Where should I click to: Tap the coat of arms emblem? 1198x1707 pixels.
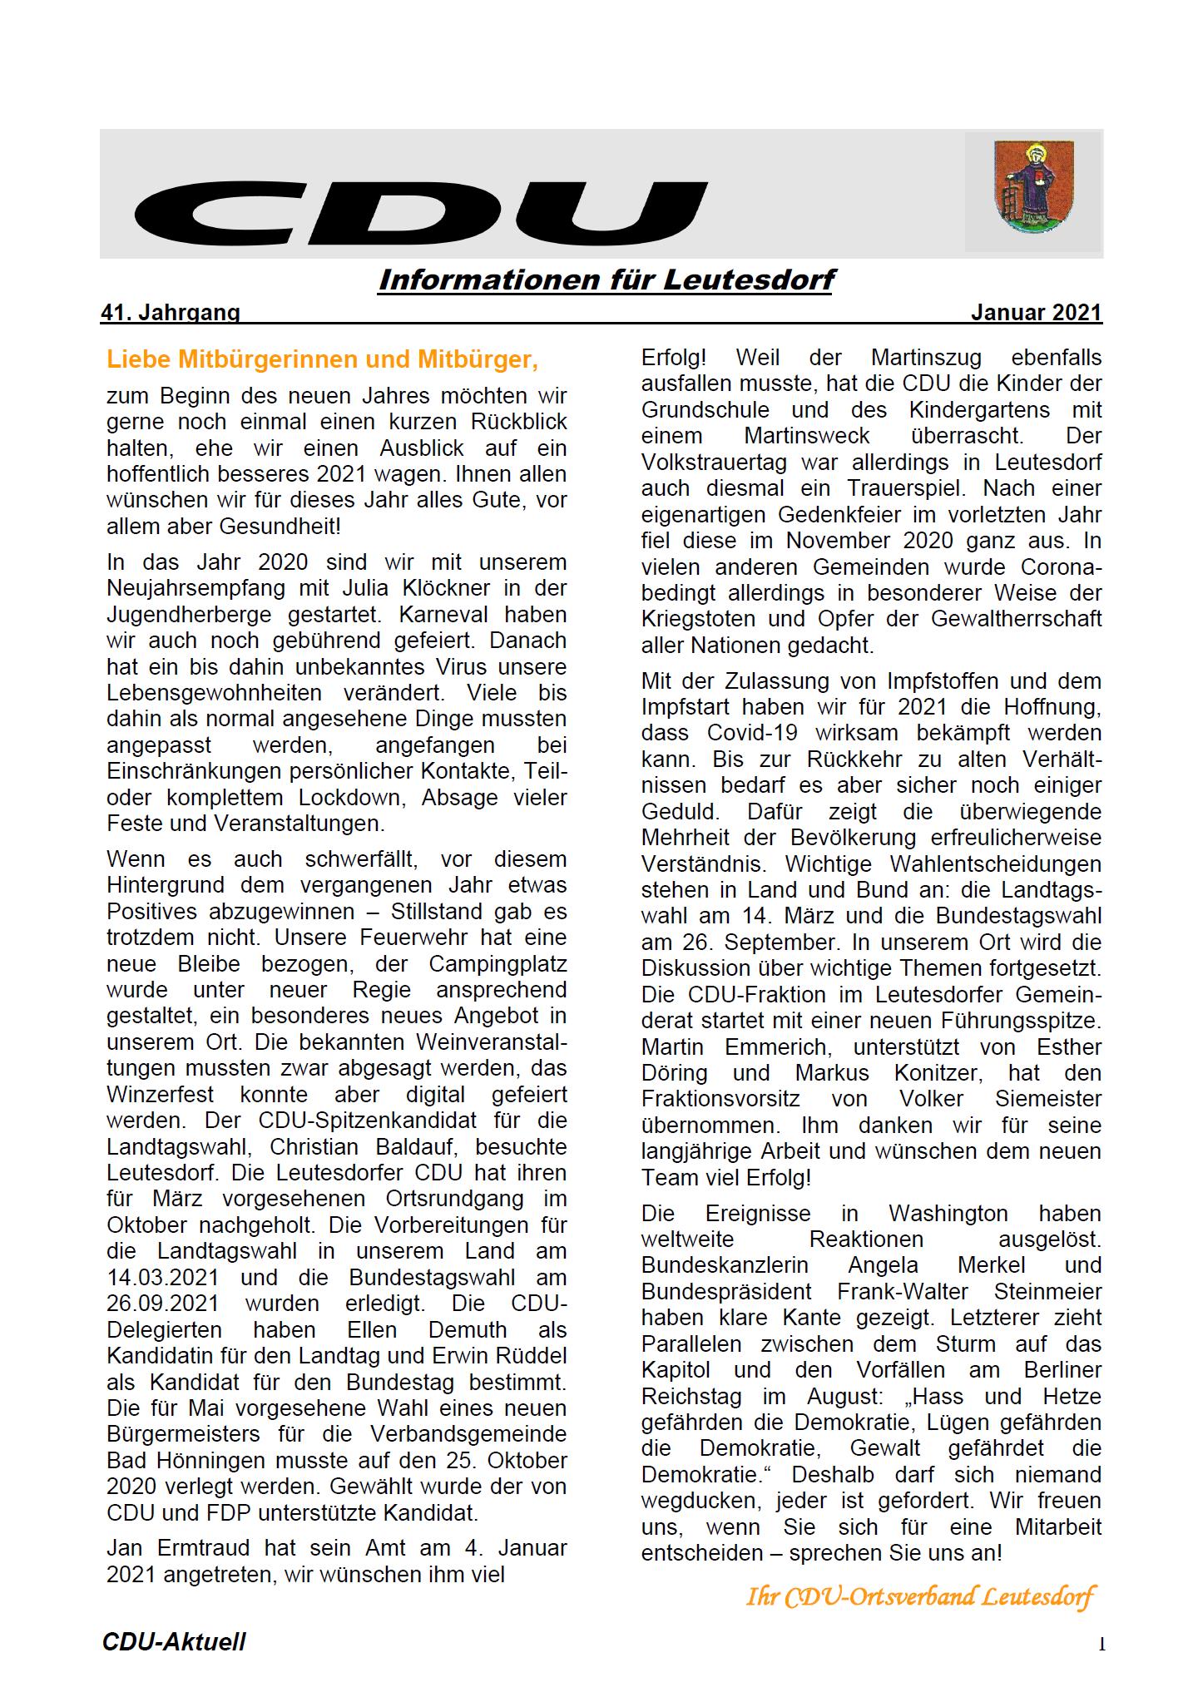pos(1034,187)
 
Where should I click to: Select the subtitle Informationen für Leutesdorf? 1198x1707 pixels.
pos(606,280)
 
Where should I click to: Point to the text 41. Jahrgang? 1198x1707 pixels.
pos(170,313)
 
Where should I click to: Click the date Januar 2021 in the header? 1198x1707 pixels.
pos(1036,313)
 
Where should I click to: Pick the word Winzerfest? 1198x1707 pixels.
pos(161,1094)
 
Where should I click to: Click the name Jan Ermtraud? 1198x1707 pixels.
pos(178,1548)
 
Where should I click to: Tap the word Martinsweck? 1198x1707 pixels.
pos(807,435)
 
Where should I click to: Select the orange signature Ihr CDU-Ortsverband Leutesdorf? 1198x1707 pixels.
pos(920,1596)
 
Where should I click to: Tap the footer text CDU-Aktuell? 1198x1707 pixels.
pos(174,1642)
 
